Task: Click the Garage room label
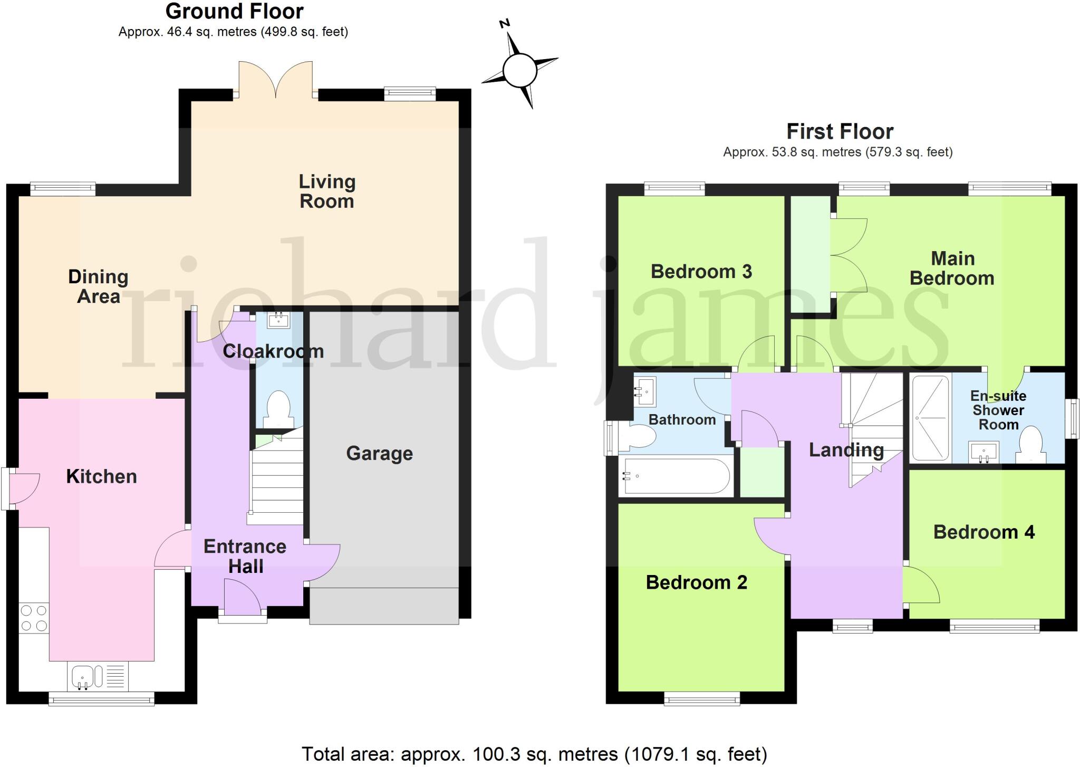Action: click(379, 454)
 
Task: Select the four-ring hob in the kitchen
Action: click(34, 618)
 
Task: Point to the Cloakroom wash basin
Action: click(278, 320)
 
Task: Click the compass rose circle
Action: click(519, 70)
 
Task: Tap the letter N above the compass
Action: click(505, 23)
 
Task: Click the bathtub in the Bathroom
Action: click(676, 476)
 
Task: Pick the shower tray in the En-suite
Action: click(931, 417)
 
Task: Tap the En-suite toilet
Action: click(1031, 446)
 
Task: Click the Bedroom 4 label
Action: click(983, 532)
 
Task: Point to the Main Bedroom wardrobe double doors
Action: click(849, 256)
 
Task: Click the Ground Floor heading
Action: click(234, 11)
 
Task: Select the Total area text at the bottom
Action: click(534, 754)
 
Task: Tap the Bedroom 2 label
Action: click(696, 582)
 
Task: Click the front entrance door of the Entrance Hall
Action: click(242, 597)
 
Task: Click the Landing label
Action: click(846, 450)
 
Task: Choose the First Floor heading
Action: click(840, 131)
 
